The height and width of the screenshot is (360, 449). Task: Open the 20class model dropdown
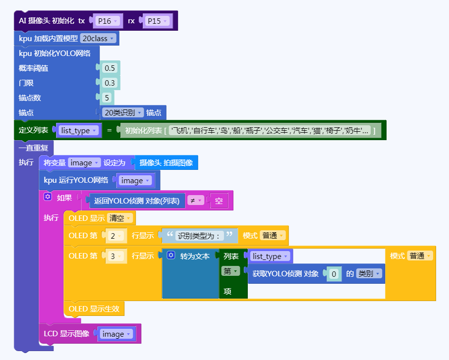click(98, 38)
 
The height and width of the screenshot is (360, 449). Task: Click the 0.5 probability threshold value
click(110, 68)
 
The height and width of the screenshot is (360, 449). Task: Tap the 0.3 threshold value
click(110, 83)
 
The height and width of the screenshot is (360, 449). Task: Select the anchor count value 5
click(107, 98)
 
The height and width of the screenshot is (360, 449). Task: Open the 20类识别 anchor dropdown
click(123, 112)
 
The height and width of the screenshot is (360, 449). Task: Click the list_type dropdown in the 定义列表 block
click(78, 130)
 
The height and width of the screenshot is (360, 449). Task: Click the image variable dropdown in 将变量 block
click(84, 162)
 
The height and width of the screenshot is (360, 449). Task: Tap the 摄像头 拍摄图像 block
click(166, 162)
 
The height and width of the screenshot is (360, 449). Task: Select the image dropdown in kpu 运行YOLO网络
click(135, 181)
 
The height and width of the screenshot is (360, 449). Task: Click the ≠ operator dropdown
click(195, 201)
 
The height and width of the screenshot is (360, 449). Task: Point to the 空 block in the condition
click(219, 201)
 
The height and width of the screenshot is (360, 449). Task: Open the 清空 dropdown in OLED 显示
click(120, 218)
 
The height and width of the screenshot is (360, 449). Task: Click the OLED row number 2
click(113, 235)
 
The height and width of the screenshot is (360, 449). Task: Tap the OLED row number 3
click(113, 256)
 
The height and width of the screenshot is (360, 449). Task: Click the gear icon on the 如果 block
click(48, 197)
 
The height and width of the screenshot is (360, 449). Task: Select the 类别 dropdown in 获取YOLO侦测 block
click(370, 273)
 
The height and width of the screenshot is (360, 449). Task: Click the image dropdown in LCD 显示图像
click(116, 334)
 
